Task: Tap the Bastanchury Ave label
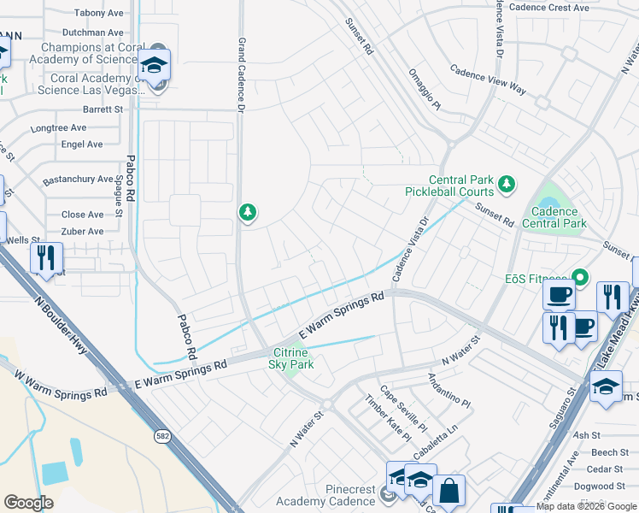point(79,180)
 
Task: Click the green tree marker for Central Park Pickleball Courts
point(507,183)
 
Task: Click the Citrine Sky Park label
point(293,358)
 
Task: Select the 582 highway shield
point(161,436)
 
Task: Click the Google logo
point(28,503)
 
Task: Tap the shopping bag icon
point(448,492)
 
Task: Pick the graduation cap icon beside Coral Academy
point(154,65)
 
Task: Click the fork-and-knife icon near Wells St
point(46,256)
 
